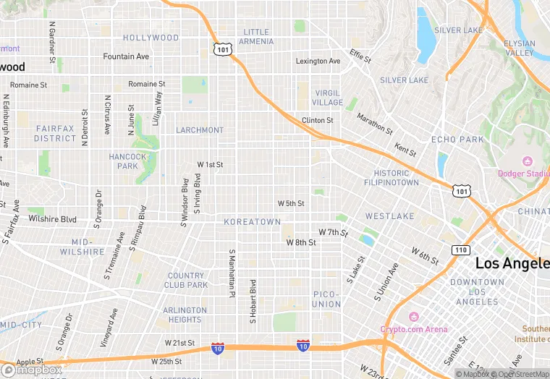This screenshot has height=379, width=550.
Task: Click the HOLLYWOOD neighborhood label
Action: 151,38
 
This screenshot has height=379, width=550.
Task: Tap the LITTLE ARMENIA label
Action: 256,37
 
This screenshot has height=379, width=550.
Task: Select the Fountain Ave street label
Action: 126,56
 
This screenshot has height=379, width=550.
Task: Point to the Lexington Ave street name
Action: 318,61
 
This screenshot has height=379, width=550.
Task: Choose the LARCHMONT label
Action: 200,130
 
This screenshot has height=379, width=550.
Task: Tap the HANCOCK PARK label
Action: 127,161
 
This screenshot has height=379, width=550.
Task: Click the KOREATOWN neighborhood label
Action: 252,222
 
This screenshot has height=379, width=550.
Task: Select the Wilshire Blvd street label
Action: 52,218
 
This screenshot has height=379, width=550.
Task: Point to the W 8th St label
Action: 301,243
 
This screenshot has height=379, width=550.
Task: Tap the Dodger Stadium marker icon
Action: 527,161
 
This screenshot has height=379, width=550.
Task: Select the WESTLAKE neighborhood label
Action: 389,216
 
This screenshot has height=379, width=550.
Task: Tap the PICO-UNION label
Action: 326,299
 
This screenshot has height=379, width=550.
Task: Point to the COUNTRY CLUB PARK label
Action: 186,281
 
